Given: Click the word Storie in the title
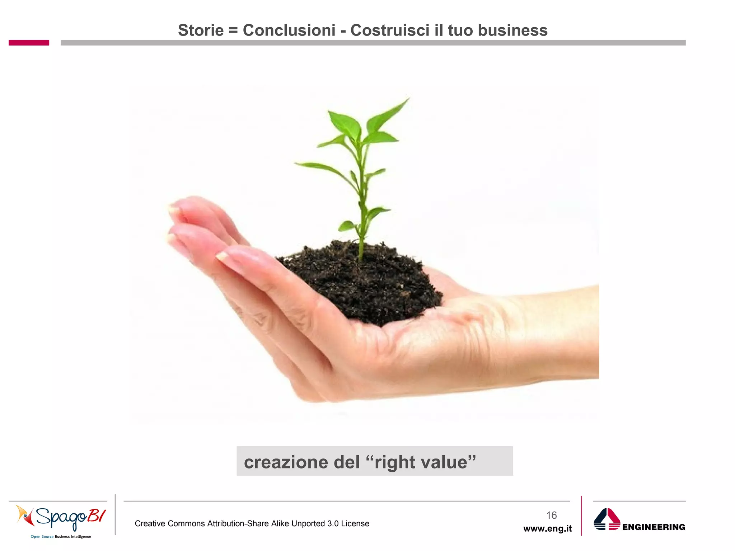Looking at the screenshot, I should point(201,30).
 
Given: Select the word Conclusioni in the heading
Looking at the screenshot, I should point(289,30).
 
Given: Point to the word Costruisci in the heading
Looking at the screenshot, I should point(390,30).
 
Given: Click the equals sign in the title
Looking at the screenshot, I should point(233,30).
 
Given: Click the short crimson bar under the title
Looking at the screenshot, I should point(29,43).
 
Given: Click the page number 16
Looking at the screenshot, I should point(551,515).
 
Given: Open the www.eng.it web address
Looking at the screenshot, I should point(547,529).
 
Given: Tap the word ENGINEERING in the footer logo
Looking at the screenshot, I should point(654,527).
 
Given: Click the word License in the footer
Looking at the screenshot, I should point(355,524).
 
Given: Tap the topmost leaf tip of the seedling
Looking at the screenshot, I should point(408,99).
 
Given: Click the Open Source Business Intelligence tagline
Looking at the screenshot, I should point(61,537).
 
